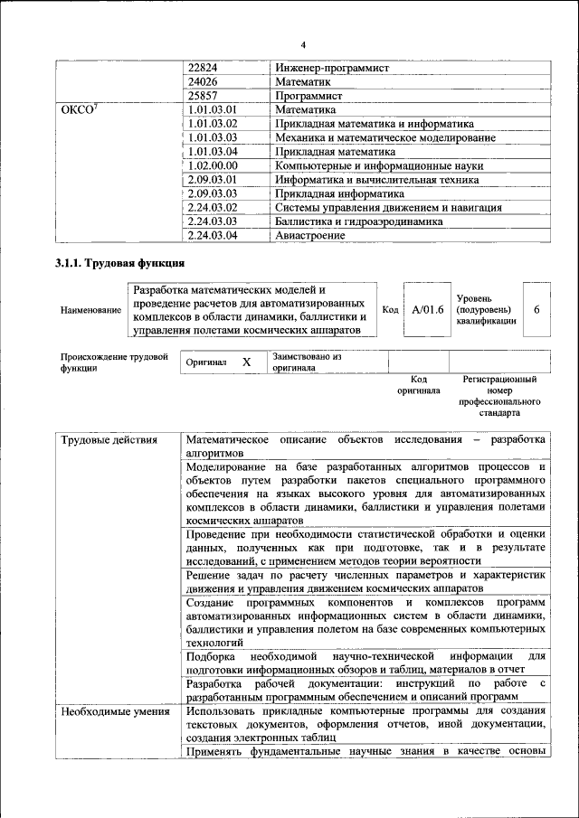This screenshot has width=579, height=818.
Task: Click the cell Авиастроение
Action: pyautogui.click(x=310, y=235)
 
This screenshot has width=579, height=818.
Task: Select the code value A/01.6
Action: pyautogui.click(x=428, y=310)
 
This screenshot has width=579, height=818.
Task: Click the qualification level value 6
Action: pyautogui.click(x=536, y=310)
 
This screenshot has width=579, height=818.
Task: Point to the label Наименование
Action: pyautogui.click(x=90, y=311)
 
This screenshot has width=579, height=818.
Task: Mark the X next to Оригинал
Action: pyautogui.click(x=246, y=362)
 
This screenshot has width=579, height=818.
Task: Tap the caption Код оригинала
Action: pyautogui.click(x=418, y=386)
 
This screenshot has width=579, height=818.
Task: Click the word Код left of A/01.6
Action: pyautogui.click(x=390, y=310)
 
